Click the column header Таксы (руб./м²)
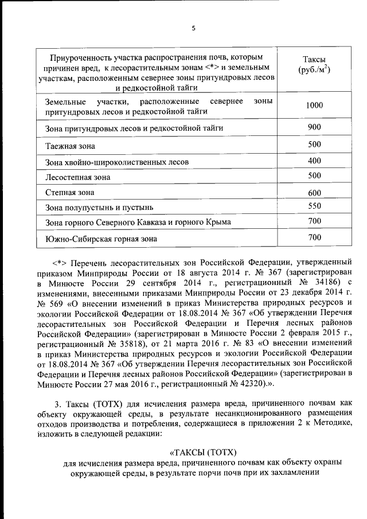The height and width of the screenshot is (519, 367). [x=314, y=65]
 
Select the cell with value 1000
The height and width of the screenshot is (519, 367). [x=314, y=106]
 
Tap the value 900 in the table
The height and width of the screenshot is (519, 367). [x=314, y=127]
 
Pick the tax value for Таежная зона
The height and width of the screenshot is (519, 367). [x=314, y=144]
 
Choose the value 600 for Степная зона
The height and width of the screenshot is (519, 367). [x=314, y=193]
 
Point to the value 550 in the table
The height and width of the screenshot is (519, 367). [x=314, y=205]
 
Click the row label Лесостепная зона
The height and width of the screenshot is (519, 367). [x=77, y=177]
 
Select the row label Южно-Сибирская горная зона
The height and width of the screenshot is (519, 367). [x=100, y=238]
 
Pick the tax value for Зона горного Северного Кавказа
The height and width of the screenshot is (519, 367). [x=314, y=221]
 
